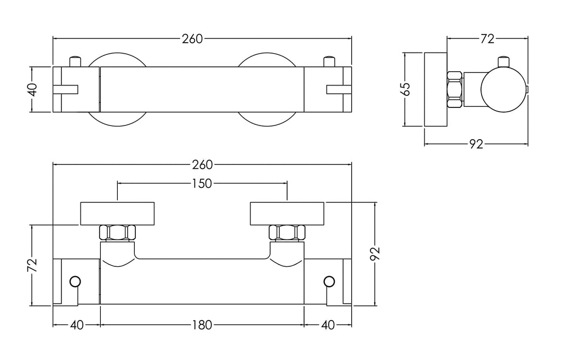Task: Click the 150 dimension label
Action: pyautogui.click(x=202, y=184)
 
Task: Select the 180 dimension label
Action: pyautogui.click(x=202, y=325)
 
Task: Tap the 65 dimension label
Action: pyautogui.click(x=406, y=89)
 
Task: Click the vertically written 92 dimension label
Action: pyautogui.click(x=375, y=254)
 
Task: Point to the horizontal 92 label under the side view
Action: pyautogui.click(x=476, y=144)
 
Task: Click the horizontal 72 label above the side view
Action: pyautogui.click(x=487, y=39)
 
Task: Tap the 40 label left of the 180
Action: pyautogui.click(x=77, y=325)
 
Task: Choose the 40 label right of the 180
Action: pyautogui.click(x=328, y=325)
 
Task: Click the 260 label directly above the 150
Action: pyautogui.click(x=202, y=164)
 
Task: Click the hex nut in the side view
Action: pyautogui.click(x=454, y=89)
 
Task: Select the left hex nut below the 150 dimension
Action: pyautogui.click(x=117, y=233)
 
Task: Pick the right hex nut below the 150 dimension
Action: pyautogui.click(x=287, y=233)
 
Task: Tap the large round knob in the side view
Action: pyautogui.click(x=504, y=89)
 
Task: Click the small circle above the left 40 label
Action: pyautogui.click(x=75, y=282)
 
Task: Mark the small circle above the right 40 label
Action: pyautogui.click(x=329, y=282)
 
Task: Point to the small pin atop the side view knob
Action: pyautogui.click(x=504, y=61)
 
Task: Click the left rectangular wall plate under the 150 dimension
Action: pyautogui.click(x=117, y=214)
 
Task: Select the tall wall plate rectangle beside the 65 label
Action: pyautogui.click(x=436, y=89)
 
